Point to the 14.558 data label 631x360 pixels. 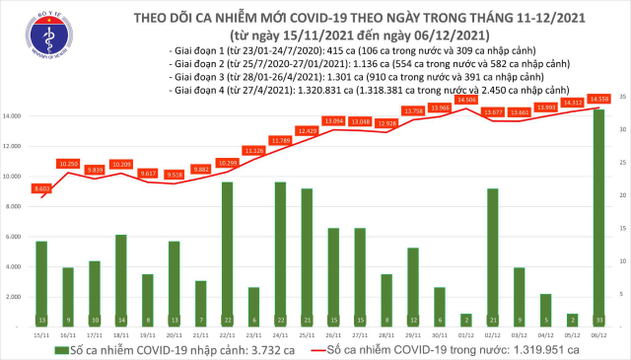(598, 99)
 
